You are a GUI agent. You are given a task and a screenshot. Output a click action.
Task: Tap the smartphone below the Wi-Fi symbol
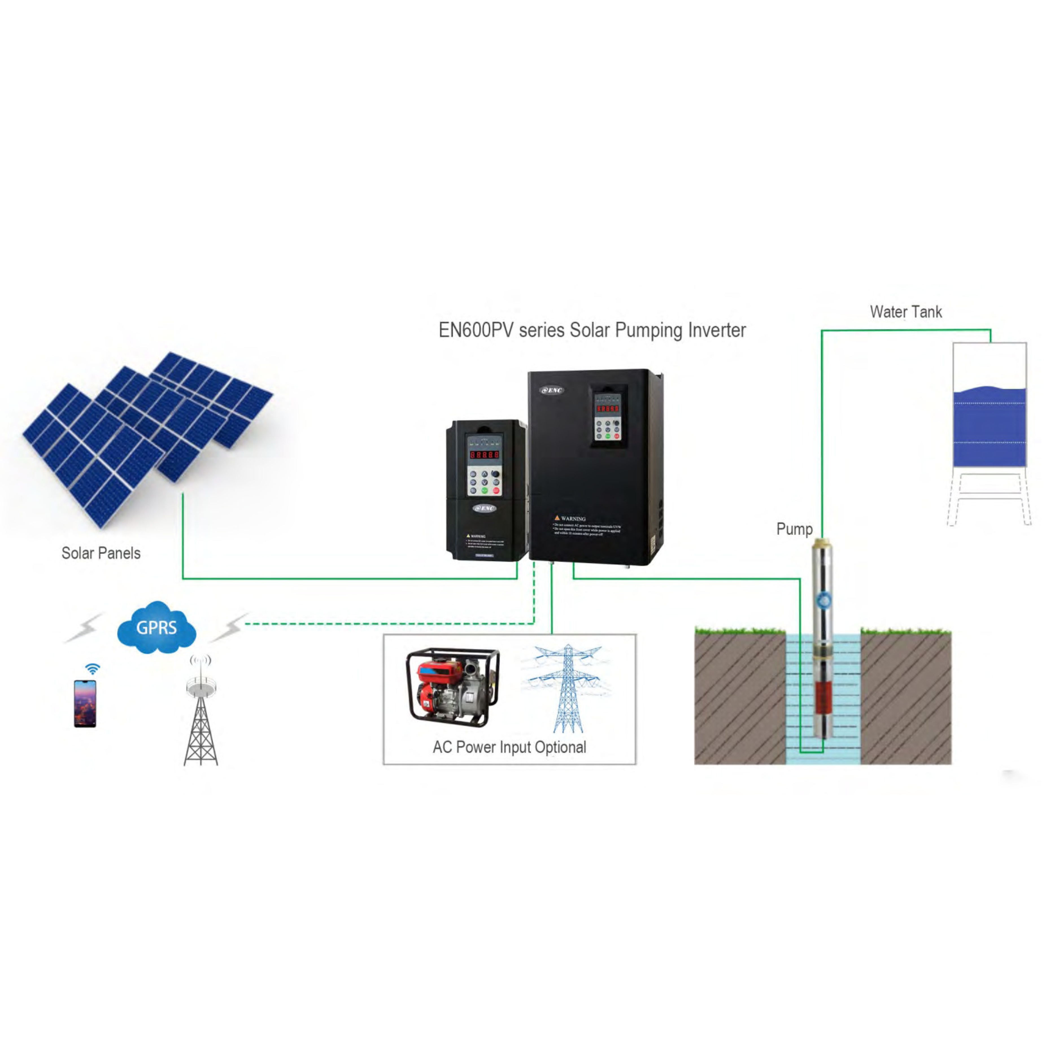click(85, 704)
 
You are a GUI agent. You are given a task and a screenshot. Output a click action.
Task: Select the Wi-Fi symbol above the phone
click(93, 669)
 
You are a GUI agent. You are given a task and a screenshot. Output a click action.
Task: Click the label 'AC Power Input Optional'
click(509, 747)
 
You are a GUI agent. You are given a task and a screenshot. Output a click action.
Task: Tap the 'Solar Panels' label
click(101, 553)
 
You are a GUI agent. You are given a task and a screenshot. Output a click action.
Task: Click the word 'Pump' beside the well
click(794, 529)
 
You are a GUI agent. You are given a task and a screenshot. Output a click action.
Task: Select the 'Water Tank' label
click(906, 312)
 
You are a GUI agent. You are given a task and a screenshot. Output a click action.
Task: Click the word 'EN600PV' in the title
click(475, 330)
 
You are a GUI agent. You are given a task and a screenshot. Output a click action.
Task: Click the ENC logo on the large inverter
click(552, 390)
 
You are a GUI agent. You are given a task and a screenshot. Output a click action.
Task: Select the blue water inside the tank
click(989, 428)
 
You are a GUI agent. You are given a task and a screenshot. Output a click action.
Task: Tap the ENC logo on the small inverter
click(485, 508)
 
